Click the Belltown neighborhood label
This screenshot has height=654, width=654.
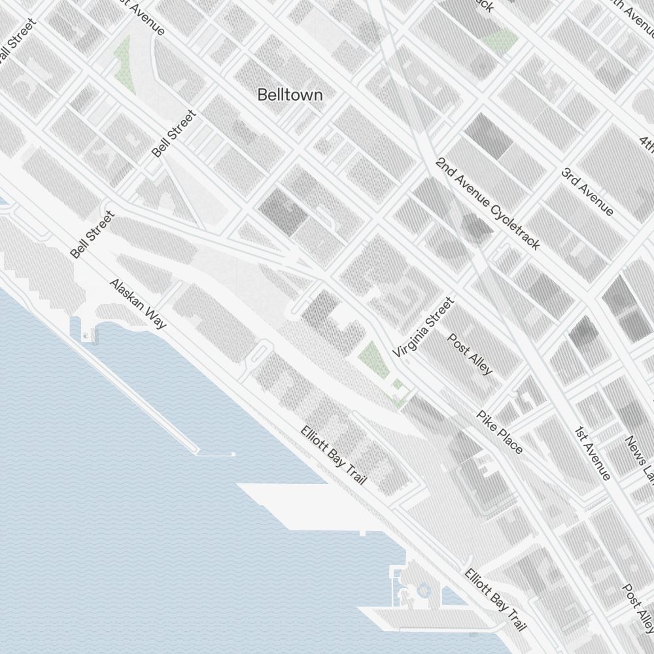click(290, 95)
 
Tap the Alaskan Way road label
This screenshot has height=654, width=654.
click(137, 303)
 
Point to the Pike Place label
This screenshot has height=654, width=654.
click(500, 432)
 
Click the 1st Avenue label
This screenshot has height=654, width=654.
click(593, 453)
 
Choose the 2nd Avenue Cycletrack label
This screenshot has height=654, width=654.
click(488, 203)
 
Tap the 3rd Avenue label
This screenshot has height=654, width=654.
click(587, 192)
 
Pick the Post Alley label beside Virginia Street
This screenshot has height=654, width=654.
click(470, 353)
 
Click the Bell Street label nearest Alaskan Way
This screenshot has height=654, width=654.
click(92, 234)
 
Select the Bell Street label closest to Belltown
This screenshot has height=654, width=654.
click(173, 133)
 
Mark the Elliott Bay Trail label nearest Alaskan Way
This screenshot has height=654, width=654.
click(333, 455)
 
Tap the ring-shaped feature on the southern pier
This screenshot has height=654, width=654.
click(422, 591)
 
